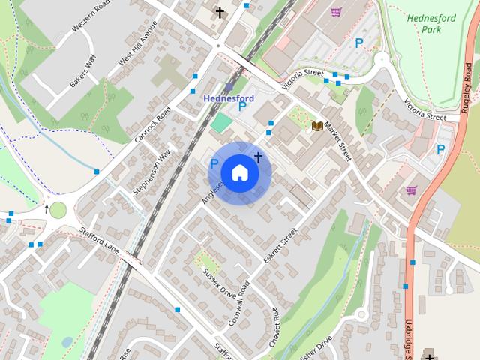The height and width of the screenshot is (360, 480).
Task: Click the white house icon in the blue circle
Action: [x=239, y=172]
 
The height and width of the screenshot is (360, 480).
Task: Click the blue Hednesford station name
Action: [x=229, y=98]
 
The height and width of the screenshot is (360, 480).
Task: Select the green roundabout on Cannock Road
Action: [x=58, y=210]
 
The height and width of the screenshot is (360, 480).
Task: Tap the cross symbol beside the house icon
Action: [x=259, y=157]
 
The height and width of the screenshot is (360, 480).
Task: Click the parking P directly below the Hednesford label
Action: [x=241, y=107]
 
